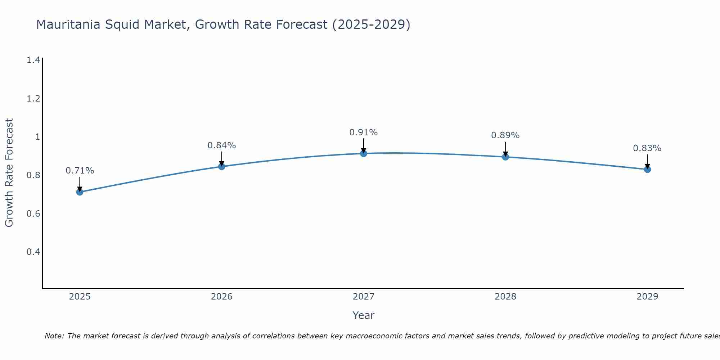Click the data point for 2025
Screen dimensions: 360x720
click(x=80, y=192)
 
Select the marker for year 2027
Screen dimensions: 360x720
click(x=364, y=153)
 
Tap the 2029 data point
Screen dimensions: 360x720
click(x=647, y=169)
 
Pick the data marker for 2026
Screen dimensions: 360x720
click(x=222, y=166)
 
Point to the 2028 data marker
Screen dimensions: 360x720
click(x=505, y=157)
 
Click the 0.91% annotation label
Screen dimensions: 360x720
click(x=364, y=132)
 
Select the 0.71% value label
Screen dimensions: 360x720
click(x=80, y=171)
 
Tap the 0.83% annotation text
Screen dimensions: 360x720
click(x=647, y=148)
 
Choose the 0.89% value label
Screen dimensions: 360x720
click(x=505, y=135)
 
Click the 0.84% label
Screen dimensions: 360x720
click(x=222, y=145)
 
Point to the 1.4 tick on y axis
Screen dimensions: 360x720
click(x=33, y=60)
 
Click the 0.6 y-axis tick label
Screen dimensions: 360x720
click(x=33, y=213)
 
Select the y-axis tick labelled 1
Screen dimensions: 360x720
click(x=37, y=137)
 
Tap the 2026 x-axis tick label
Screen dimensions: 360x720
click(x=222, y=297)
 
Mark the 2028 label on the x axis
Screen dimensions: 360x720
click(x=505, y=297)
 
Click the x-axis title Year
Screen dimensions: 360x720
click(x=364, y=315)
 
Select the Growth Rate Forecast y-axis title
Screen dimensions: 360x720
click(x=9, y=173)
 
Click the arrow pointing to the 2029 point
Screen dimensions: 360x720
click(x=647, y=161)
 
